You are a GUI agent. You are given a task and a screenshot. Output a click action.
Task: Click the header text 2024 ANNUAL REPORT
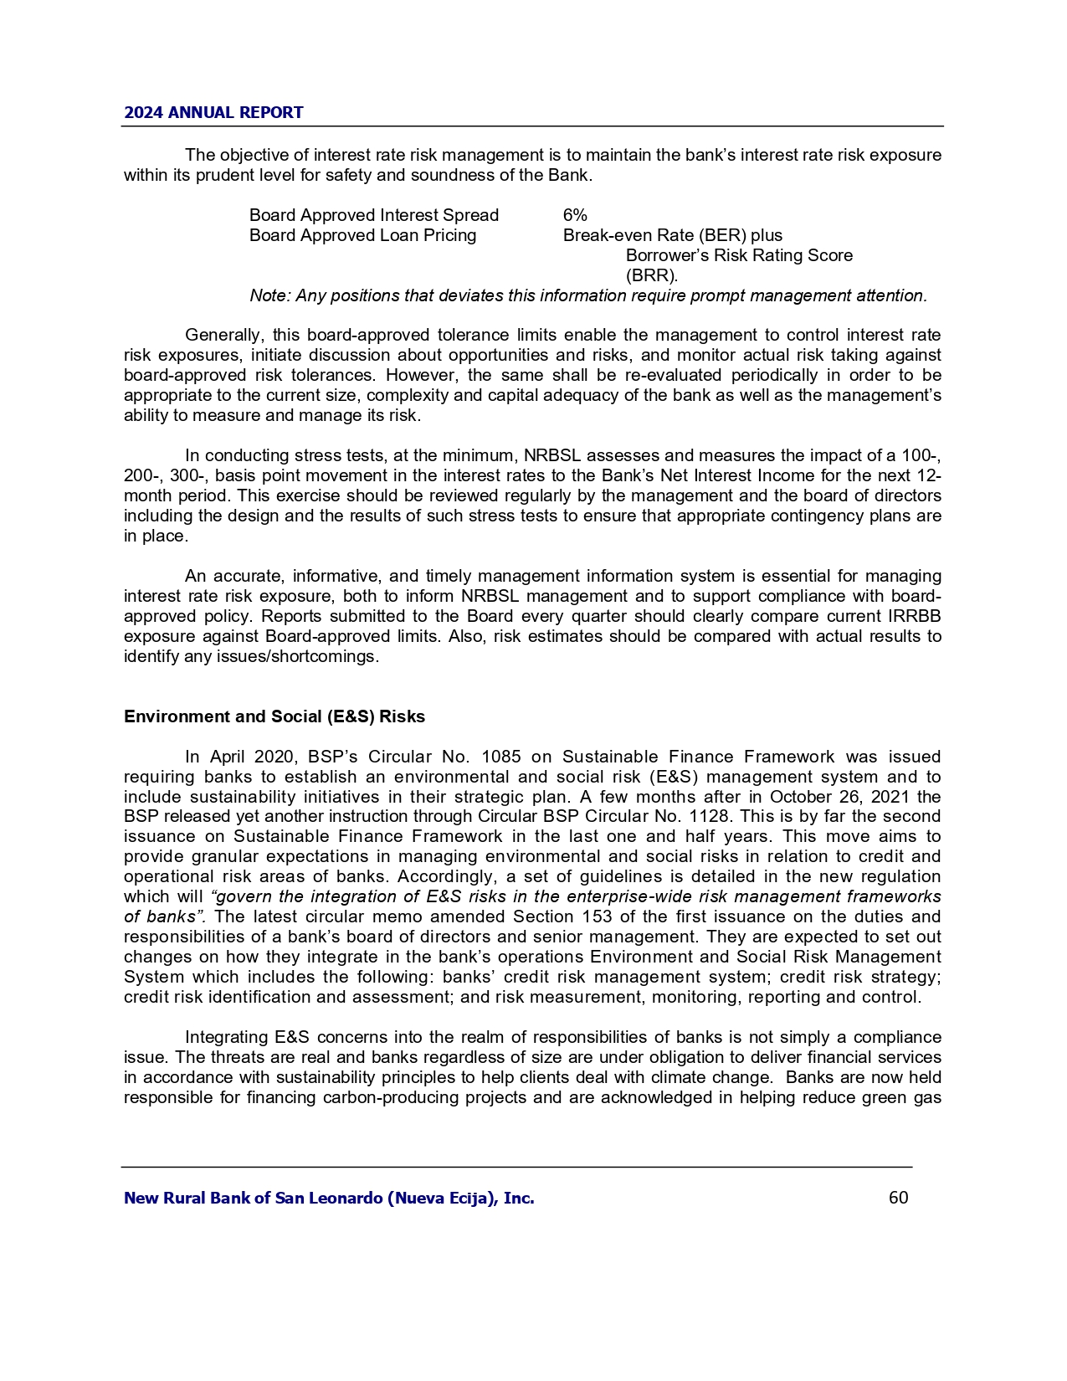[x=213, y=113]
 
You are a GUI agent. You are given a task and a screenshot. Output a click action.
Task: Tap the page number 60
[x=898, y=1198]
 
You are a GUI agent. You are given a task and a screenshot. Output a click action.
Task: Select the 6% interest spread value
[x=575, y=215]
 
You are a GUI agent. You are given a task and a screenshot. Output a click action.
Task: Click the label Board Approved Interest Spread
[x=373, y=215]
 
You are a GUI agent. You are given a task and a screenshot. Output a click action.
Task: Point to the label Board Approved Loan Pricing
[x=362, y=235]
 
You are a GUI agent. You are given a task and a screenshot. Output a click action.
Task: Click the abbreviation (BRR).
[x=652, y=275]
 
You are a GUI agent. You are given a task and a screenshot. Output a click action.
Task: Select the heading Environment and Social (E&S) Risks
[x=274, y=716]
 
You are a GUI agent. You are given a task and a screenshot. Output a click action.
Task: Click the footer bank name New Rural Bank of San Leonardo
[x=329, y=1198]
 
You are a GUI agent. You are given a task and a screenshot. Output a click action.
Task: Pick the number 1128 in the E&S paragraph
[x=876, y=817]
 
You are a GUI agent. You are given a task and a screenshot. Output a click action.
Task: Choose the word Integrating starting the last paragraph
[x=226, y=1037]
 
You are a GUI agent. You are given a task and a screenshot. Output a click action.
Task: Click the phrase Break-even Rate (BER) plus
[x=672, y=235]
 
